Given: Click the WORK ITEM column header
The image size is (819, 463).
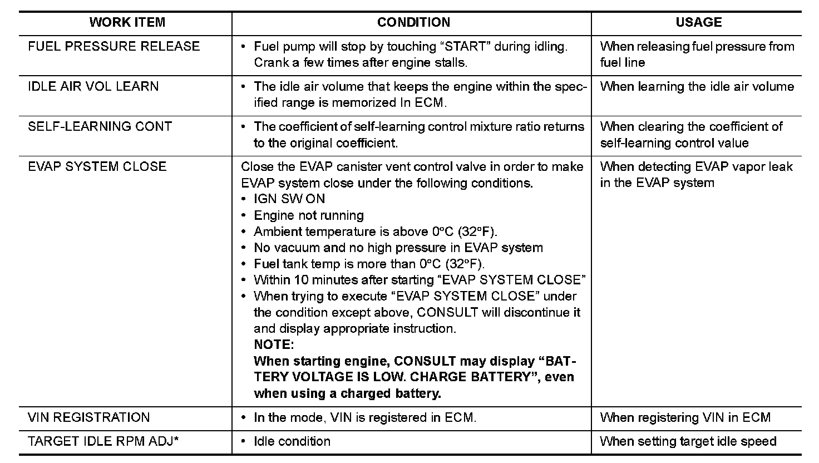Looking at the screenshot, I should point(127,22).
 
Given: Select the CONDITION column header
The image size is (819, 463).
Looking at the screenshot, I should point(413,22).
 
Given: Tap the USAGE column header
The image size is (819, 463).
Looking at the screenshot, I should point(698,22).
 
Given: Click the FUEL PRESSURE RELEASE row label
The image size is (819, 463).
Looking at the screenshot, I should point(114,46).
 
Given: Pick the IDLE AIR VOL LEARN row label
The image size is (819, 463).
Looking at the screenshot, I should point(93,86).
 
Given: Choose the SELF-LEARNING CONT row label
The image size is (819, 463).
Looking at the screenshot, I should point(100,126).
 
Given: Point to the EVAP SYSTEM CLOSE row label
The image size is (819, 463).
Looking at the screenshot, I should point(97,166).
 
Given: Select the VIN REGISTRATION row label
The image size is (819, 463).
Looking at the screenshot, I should point(89,417).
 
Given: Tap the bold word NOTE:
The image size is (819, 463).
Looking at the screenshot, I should point(273,344).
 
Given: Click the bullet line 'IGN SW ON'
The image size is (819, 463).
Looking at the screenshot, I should point(289,199).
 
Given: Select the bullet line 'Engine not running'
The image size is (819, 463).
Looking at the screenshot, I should point(309,215).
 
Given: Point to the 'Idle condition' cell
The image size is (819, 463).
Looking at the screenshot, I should point(292,441).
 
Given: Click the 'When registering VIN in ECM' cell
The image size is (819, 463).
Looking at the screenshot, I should point(685,417).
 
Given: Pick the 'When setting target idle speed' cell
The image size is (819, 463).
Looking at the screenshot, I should point(688,441).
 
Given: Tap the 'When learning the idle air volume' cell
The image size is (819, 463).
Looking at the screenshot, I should point(697,86).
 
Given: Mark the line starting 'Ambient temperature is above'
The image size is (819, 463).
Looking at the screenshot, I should point(376,231).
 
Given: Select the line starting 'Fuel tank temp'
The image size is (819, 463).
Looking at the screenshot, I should point(369,264).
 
